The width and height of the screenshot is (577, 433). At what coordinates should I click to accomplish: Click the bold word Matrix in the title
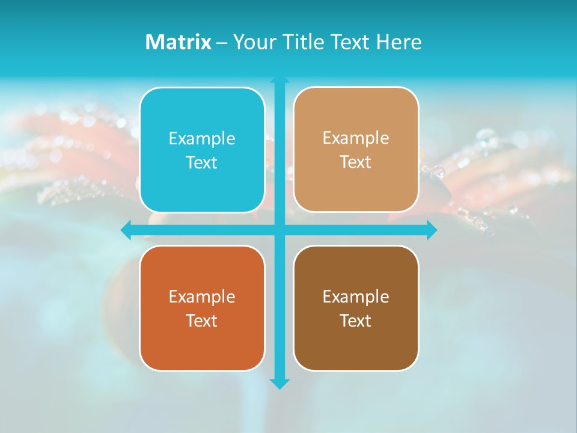(179, 42)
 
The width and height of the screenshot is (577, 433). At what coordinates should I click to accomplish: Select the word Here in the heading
(399, 42)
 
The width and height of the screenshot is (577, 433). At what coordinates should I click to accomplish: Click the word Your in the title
(255, 42)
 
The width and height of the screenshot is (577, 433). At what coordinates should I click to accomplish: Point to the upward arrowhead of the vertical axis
(279, 80)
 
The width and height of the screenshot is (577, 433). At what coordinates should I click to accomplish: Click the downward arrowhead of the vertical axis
(279, 384)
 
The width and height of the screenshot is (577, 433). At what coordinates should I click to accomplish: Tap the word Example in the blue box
(202, 138)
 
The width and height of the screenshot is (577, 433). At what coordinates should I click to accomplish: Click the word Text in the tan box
(356, 162)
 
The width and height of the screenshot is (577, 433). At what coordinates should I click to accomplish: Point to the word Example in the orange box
(202, 296)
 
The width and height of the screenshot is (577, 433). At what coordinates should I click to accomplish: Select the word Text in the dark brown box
(356, 321)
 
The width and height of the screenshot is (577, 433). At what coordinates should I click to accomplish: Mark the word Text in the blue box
(202, 162)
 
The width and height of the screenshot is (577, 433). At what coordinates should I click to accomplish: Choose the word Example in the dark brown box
(356, 296)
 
